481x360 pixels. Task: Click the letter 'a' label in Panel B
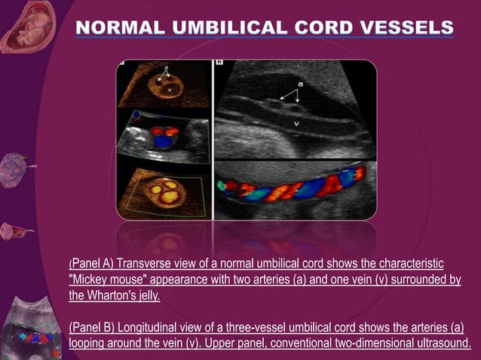coord(301,84)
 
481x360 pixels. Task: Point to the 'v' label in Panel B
coord(296,121)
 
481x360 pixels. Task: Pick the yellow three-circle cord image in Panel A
coord(162,189)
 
